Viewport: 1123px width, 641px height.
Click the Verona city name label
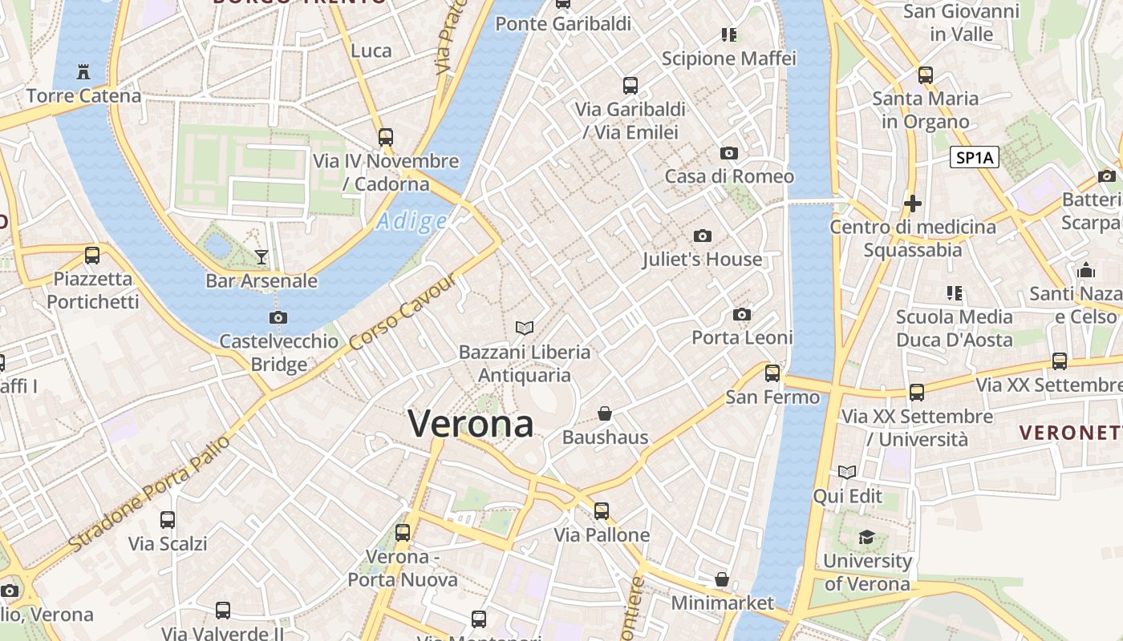[471, 423]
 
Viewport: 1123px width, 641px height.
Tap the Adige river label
[411, 220]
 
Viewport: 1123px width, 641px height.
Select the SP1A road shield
[975, 157]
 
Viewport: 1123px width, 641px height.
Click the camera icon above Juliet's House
[703, 236]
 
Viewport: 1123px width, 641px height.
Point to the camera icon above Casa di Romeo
[729, 153]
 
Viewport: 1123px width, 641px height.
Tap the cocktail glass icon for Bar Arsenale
[261, 257]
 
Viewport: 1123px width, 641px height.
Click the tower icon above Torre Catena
[83, 72]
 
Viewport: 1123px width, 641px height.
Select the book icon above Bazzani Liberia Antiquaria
[525, 328]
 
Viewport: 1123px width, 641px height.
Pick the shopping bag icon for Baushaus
[605, 413]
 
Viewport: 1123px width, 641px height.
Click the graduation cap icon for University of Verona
[866, 537]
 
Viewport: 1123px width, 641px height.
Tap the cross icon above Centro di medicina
[912, 204]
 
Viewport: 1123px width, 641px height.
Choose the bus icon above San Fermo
[772, 373]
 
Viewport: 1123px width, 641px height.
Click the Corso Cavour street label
[403, 312]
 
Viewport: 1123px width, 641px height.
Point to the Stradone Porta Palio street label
[149, 494]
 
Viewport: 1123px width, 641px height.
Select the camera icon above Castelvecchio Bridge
[278, 317]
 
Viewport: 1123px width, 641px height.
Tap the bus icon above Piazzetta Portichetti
[92, 256]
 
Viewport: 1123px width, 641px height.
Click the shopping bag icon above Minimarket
[722, 579]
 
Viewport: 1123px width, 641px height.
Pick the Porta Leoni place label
[742, 337]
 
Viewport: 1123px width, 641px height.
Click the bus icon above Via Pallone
[602, 510]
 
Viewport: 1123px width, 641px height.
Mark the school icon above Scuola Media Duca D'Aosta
[954, 292]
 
